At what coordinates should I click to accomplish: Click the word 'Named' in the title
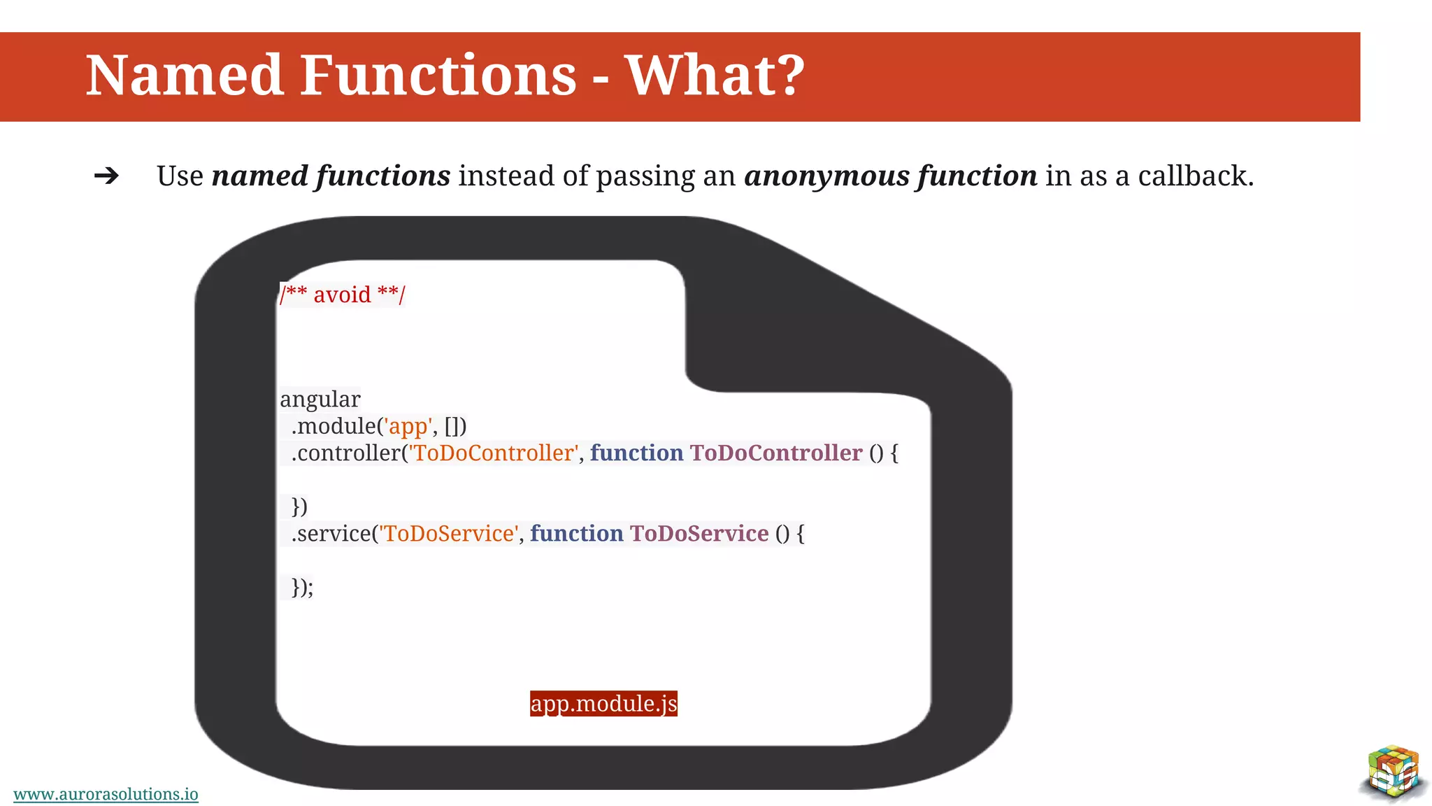coord(184,76)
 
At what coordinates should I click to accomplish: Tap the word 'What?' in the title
coord(715,76)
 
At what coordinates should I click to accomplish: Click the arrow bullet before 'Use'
coord(106,176)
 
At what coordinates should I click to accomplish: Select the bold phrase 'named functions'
coord(331,176)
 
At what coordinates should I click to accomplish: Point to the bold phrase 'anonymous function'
coord(890,176)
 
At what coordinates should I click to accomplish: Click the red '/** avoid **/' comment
coord(342,295)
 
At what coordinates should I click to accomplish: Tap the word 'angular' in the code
coord(320,400)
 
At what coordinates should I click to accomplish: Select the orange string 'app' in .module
coord(408,426)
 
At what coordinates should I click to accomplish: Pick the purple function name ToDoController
coord(775,453)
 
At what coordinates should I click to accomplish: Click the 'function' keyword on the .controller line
coord(636,453)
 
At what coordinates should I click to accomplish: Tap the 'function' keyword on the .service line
coord(576,534)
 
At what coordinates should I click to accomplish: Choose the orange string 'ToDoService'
coord(448,534)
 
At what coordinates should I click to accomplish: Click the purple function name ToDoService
coord(699,534)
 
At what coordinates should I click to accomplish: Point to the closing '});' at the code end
coord(302,587)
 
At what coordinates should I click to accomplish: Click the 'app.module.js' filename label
coord(603,703)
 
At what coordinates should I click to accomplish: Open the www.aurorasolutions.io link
coord(106,794)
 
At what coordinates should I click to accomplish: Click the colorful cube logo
coord(1394,772)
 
